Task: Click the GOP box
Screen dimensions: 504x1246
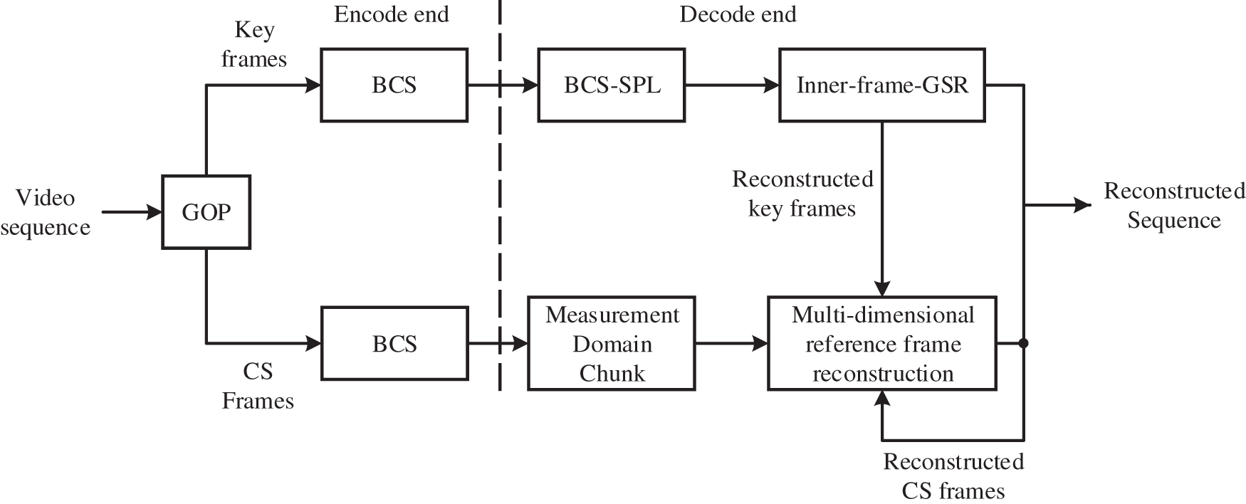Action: pos(206,212)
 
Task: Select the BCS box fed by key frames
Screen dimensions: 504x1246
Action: pos(394,85)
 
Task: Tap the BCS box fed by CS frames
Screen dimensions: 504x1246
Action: pos(394,344)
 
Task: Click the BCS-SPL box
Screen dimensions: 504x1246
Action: pos(611,85)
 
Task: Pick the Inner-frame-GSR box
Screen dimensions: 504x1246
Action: pos(881,85)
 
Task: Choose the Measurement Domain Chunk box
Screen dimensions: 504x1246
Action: pos(611,344)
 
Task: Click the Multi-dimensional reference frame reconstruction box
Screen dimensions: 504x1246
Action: pos(881,344)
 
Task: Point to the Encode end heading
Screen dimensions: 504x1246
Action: pos(391,14)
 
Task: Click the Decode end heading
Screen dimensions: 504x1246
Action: pos(738,14)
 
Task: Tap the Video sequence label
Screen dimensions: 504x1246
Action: pos(45,212)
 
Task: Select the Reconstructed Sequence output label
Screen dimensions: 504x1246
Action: pos(1173,206)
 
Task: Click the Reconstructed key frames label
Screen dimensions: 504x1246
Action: pos(802,194)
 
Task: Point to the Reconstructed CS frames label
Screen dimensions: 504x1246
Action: pos(953,476)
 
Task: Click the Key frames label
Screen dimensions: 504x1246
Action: pos(254,44)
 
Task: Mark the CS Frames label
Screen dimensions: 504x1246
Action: pos(257,386)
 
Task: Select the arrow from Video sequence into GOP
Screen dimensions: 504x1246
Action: pos(132,212)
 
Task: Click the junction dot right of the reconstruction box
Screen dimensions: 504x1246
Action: pos(1024,344)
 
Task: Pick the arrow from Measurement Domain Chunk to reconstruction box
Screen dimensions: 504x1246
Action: pos(731,344)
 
